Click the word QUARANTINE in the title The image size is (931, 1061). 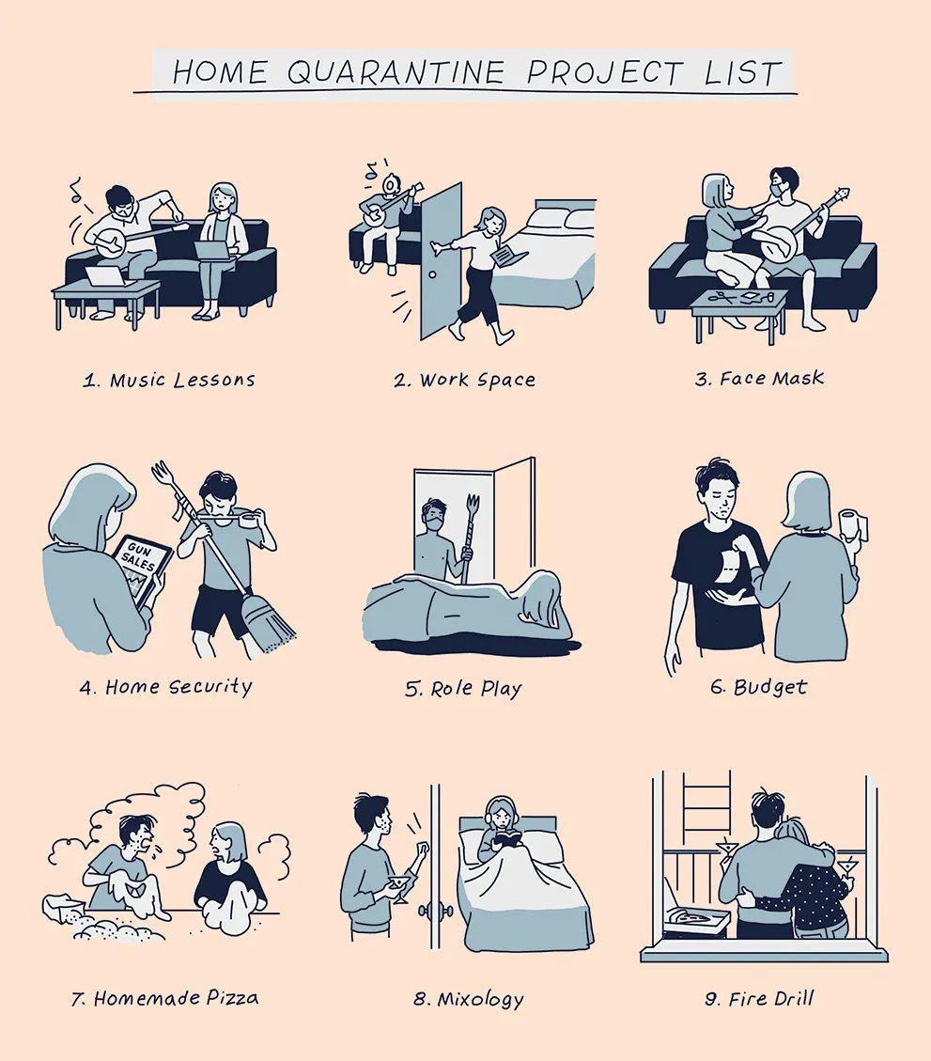coord(396,71)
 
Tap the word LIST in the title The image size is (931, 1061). coord(743,72)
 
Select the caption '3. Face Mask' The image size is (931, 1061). coord(759,378)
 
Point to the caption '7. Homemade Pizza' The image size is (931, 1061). coord(165,998)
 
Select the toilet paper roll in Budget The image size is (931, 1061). coord(852,524)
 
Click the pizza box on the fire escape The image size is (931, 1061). coord(697,917)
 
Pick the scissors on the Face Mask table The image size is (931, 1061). coord(722,296)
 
